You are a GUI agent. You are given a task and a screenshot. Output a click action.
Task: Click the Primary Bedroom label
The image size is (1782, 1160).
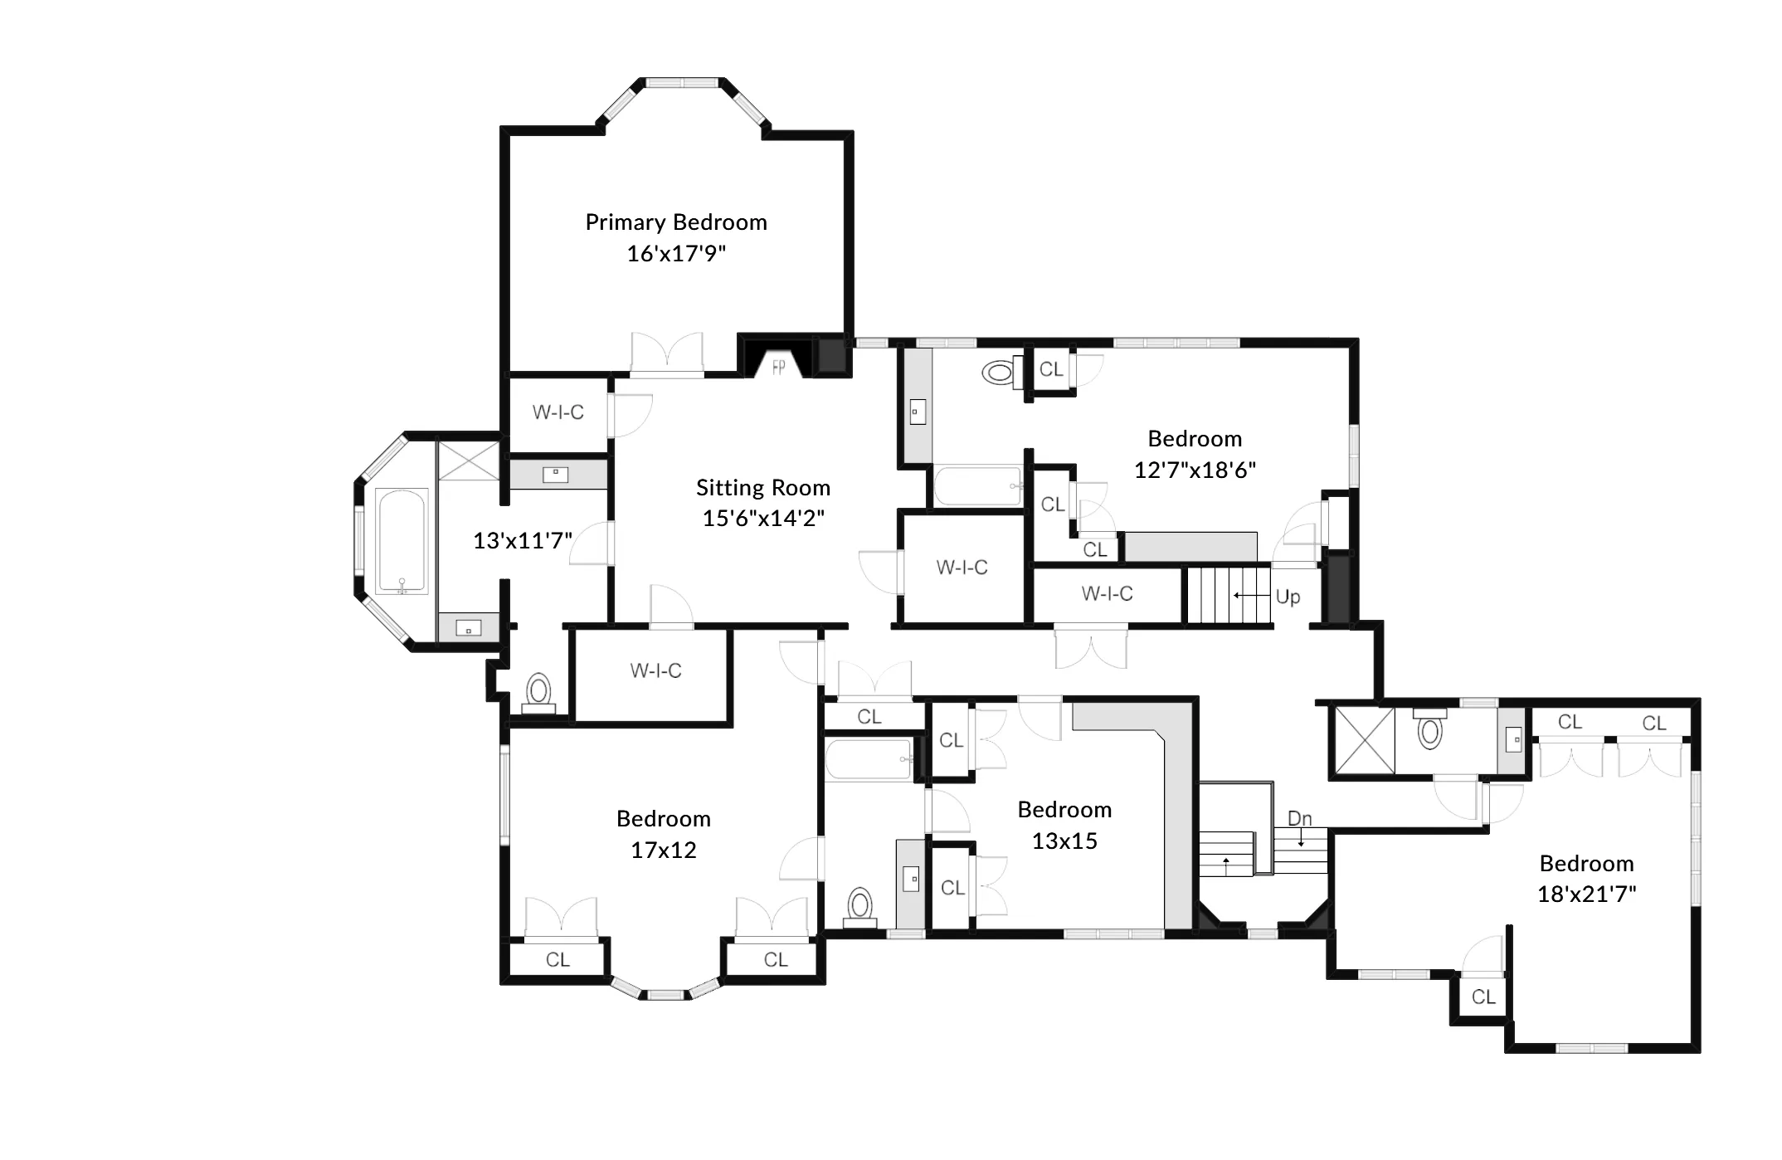click(676, 222)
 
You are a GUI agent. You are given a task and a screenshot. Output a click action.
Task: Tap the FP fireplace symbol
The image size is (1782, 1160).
click(778, 367)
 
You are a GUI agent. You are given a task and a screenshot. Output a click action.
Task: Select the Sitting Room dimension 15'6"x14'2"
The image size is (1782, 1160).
click(763, 519)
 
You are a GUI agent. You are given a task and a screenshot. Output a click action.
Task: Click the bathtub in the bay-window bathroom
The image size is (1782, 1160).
click(402, 541)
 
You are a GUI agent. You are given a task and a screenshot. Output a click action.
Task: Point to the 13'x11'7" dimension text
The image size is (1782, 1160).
click(523, 541)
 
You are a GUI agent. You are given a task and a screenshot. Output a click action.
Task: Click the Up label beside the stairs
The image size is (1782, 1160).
click(1288, 597)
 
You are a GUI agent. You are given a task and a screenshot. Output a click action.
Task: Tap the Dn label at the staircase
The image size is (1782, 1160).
click(1299, 818)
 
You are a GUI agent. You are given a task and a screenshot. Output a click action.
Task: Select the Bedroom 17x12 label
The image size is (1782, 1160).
click(664, 834)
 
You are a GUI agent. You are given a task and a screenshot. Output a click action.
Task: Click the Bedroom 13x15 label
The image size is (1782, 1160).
click(1064, 825)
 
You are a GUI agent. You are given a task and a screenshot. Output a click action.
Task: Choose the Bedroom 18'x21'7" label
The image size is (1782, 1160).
click(1586, 878)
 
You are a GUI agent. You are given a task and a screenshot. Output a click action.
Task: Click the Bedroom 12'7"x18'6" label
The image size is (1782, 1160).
click(1195, 454)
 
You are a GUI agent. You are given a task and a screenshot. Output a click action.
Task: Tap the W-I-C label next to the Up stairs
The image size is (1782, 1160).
click(1107, 593)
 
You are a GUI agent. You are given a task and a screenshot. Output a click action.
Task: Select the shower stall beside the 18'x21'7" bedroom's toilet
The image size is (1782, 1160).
click(1362, 740)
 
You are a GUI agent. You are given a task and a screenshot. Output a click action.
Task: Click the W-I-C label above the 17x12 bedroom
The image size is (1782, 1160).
click(655, 670)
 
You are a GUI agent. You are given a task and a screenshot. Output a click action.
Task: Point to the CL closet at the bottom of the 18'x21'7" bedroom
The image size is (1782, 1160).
click(1483, 997)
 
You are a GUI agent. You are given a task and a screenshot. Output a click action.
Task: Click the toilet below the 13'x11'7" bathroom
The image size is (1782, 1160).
click(539, 692)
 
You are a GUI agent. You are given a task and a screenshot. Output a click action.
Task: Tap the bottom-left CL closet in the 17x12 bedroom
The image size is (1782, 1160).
click(557, 960)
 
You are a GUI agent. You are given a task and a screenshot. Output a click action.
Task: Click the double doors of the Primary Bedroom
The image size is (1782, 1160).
click(667, 355)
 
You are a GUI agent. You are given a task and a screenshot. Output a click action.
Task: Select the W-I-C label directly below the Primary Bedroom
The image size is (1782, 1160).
click(557, 412)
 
